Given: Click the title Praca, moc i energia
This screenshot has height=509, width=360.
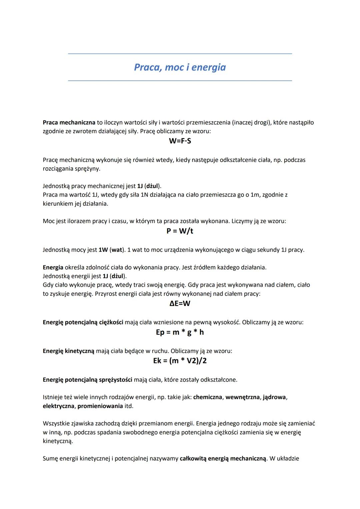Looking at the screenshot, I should tap(180, 67).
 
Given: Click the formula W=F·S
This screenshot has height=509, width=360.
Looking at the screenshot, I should tap(180, 141).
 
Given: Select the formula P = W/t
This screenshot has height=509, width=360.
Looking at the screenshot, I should tap(180, 231).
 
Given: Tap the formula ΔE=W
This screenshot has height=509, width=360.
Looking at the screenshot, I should tap(180, 303).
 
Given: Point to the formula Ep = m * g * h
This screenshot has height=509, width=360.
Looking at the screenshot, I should tap(180, 332).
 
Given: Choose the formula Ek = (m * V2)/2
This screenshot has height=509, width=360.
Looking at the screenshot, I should tap(180, 361).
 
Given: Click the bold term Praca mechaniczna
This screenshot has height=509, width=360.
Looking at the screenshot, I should tap(69, 123).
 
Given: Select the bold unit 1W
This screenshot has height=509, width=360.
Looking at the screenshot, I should tap(103, 250).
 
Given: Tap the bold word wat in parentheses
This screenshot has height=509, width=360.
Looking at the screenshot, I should tap(117, 250).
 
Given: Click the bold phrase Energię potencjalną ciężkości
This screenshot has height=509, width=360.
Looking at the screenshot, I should tap(83, 322).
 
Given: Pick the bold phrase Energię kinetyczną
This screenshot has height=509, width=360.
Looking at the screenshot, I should tap(69, 351).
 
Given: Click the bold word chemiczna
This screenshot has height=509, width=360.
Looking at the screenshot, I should tap(207, 397).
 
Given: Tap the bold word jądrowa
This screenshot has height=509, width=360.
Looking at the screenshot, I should tap(274, 397).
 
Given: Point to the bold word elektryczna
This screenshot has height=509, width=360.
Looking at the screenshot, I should tap(58, 406).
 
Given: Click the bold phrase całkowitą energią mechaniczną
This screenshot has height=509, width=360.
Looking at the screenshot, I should tap(223, 459).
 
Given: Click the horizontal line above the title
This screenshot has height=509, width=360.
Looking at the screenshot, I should tap(180, 54).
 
